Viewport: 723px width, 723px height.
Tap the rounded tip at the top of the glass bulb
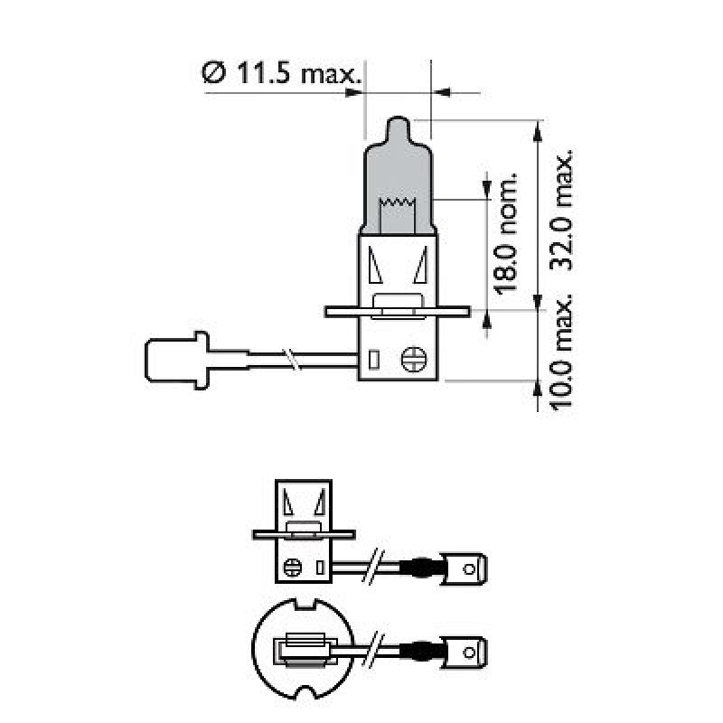tap(399, 127)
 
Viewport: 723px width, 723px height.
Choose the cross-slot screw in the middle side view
tap(292, 568)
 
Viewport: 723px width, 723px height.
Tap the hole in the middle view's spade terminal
tap(468, 569)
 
